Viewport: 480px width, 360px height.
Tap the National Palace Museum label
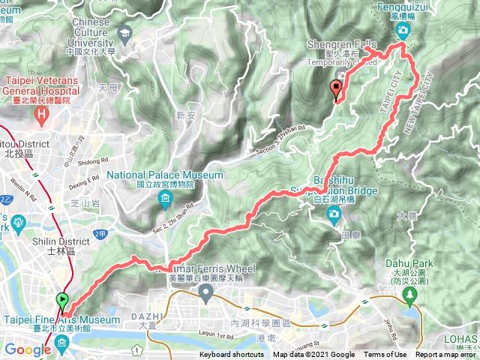[165, 175]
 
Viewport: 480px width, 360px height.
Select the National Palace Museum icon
[165, 199]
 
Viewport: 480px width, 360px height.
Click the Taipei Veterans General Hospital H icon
[42, 114]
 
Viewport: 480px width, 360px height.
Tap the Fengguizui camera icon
[404, 31]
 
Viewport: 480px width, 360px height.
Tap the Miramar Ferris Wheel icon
[202, 289]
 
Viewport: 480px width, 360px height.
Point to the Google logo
[28, 349]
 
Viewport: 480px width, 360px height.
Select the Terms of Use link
[385, 355]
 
